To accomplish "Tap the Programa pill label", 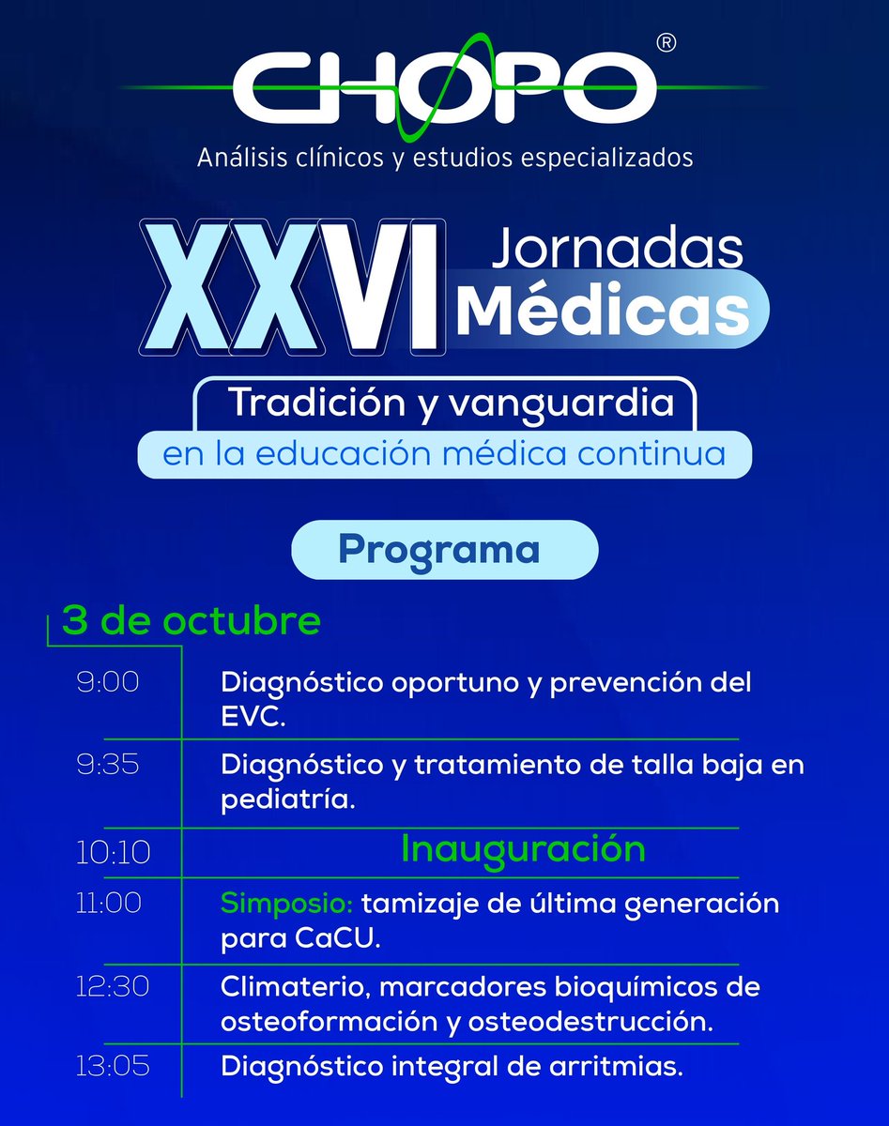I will [x=438, y=549].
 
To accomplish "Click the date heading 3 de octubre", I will [x=192, y=621].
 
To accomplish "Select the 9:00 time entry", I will [x=108, y=682].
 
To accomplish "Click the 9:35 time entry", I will [x=108, y=765].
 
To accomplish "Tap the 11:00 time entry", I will [x=108, y=903].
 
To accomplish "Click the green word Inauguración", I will [x=523, y=849].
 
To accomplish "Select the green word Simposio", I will [x=285, y=905].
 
